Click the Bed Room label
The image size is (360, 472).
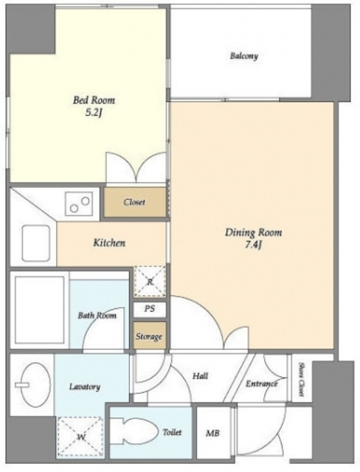coord(94,100)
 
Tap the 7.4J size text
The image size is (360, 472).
coord(253,246)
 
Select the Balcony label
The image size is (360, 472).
coord(244,56)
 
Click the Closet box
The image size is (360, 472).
coord(135,202)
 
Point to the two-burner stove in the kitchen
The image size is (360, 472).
coord(79,204)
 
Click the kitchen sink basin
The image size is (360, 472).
coord(36,243)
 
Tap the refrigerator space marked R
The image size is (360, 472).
coord(150,282)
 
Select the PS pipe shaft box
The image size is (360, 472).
coord(150,309)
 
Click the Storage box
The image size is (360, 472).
coord(149,336)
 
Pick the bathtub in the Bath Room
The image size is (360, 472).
coord(39,310)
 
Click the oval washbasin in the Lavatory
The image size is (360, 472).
coord(32,384)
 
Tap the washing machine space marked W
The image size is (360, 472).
coord(80,437)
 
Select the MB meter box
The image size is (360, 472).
coord(213,432)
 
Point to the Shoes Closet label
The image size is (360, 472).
coord(301,379)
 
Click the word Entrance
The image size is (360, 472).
coord(262,383)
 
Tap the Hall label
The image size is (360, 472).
coord(200,375)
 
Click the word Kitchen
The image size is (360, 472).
coord(109,243)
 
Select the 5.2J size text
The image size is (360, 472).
coord(93,112)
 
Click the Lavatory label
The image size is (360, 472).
coord(85,386)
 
